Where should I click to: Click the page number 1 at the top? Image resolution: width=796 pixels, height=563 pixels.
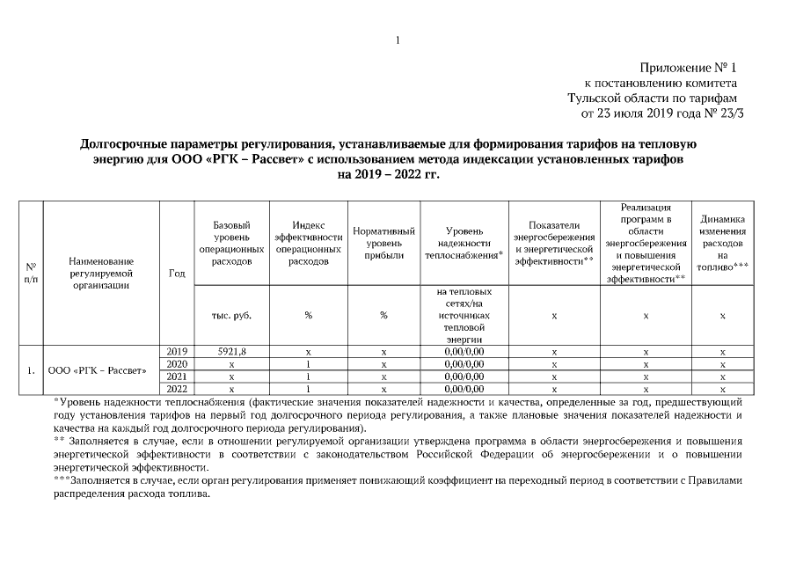pos(398,40)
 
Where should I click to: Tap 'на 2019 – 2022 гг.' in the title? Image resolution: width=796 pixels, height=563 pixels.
pos(388,174)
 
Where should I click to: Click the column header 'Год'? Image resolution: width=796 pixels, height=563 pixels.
pos(176,273)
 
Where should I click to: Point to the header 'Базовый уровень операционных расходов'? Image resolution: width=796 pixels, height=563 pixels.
pos(231,243)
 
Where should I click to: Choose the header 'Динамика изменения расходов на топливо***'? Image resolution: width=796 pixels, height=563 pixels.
pos(722,243)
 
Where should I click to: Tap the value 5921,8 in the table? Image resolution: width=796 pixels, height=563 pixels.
pos(231,352)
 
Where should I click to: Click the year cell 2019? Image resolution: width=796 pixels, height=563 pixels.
pos(176,352)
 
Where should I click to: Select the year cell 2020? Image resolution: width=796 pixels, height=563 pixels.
pos(176,363)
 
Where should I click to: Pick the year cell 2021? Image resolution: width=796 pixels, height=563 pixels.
pos(176,376)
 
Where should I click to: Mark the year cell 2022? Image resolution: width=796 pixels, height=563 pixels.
pos(176,388)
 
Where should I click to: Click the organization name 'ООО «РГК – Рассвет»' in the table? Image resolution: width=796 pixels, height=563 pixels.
pos(97,369)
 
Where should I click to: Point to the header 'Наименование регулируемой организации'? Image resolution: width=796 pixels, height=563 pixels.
pos(100,273)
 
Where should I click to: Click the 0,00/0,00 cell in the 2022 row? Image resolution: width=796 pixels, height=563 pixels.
pos(464,388)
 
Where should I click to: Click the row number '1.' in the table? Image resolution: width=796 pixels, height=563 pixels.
pos(31,369)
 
